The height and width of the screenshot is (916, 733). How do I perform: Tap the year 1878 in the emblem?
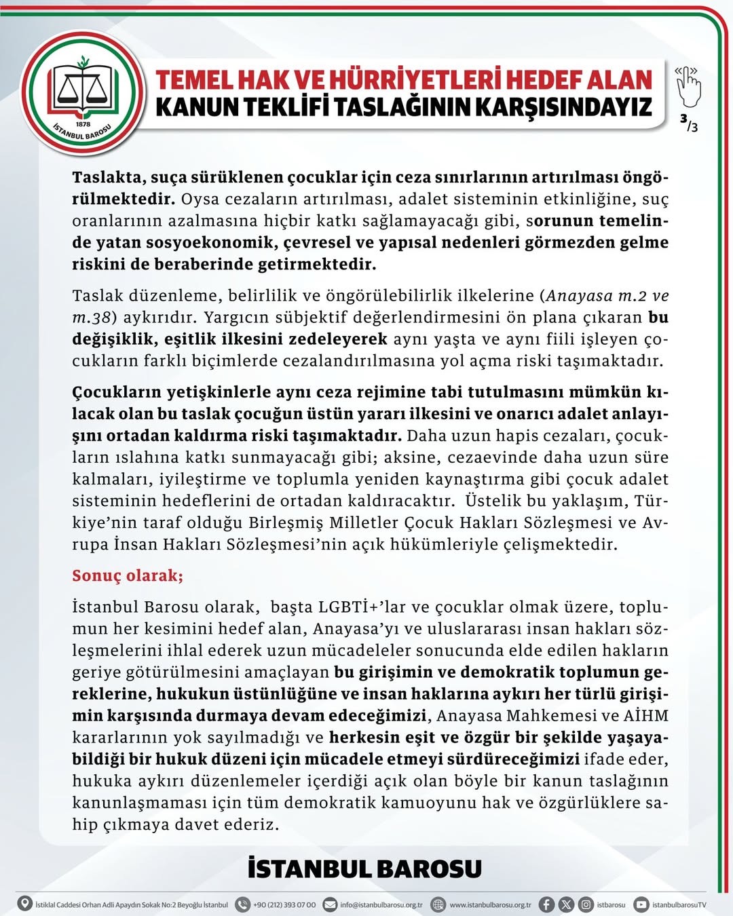click(83, 124)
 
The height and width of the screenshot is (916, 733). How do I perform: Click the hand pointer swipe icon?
click(688, 86)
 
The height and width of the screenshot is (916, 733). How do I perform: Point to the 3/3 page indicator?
click(689, 123)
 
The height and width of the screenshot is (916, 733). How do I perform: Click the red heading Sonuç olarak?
click(128, 575)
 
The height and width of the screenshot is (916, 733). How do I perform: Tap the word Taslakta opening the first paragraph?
click(109, 178)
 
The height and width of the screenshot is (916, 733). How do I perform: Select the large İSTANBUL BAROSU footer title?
click(365, 869)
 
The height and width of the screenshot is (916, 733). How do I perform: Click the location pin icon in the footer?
click(25, 904)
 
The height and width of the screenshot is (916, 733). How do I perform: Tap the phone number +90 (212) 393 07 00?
click(284, 904)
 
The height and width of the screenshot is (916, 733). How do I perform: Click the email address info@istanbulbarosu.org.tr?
click(381, 904)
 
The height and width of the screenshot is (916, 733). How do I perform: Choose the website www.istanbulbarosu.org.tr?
click(490, 904)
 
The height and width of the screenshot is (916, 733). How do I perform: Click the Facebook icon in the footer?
click(546, 904)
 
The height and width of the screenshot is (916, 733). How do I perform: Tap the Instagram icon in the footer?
click(585, 904)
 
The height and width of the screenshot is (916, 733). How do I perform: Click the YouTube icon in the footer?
click(641, 904)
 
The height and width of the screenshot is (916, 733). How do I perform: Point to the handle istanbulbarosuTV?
click(679, 904)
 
